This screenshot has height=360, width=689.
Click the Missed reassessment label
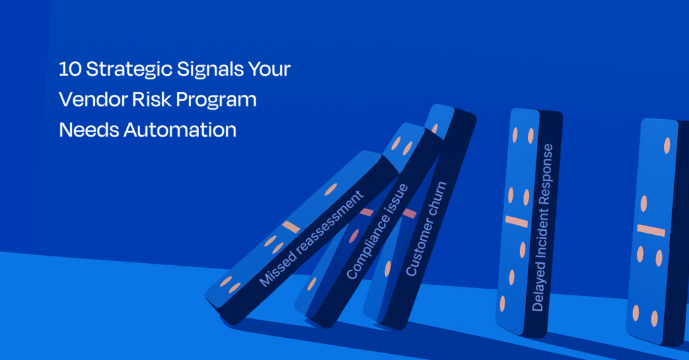pyautogui.click(x=311, y=239)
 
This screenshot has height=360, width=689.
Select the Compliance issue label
pyautogui.click(x=377, y=231)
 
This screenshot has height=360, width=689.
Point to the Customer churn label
pyautogui.click(x=426, y=229)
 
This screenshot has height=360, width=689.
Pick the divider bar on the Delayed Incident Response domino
pyautogui.click(x=516, y=221)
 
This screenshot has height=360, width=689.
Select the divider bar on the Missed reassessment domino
pyautogui.click(x=291, y=227)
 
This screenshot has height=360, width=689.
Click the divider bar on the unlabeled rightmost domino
pyautogui.click(x=651, y=230)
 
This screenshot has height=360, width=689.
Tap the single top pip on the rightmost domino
pyautogui.click(x=667, y=145)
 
